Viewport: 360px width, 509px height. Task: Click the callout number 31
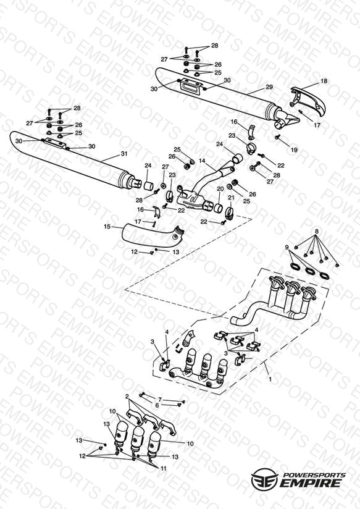coord(124,154)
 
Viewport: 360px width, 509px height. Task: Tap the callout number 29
coord(269,87)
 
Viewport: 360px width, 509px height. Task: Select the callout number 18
coord(324,81)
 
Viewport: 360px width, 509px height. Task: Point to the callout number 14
coord(203,161)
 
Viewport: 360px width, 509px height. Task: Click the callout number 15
coord(107,227)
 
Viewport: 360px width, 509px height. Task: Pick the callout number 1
coord(270,379)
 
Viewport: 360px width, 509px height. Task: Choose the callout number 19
coord(294,150)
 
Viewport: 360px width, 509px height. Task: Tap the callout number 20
coord(220,189)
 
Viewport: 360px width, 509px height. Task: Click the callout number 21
coord(231,198)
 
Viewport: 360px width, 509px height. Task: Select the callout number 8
coord(317,232)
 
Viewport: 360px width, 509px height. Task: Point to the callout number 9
coord(287,248)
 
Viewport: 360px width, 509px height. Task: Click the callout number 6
coord(157,405)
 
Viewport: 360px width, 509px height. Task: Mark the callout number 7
coord(160,399)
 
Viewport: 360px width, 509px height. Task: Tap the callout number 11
coord(163,468)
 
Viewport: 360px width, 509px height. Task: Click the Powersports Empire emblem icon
coord(264,479)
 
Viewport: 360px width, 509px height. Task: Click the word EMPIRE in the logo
coord(311,483)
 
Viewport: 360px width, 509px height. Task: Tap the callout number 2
coord(127,397)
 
